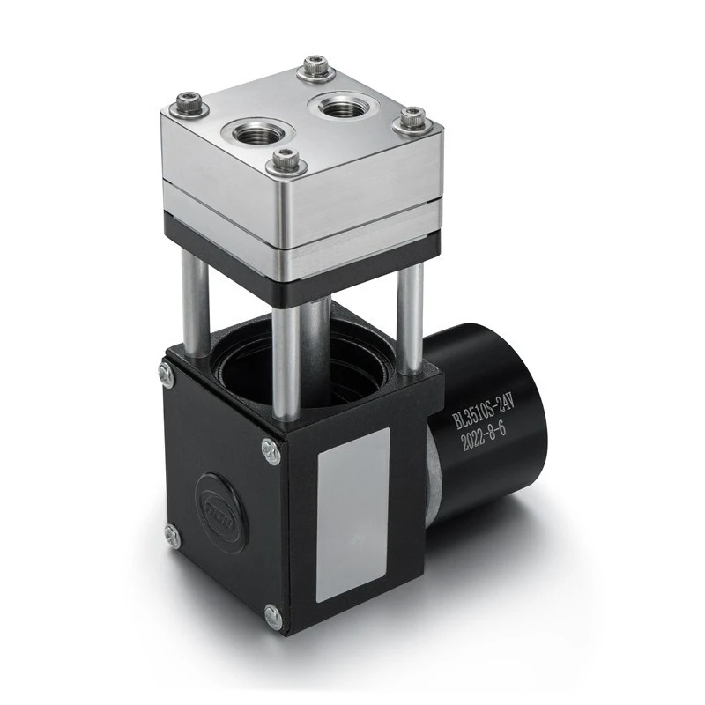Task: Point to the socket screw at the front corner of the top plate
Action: (285, 161)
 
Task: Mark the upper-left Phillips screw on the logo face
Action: (165, 374)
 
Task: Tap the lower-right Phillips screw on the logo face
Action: (274, 619)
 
